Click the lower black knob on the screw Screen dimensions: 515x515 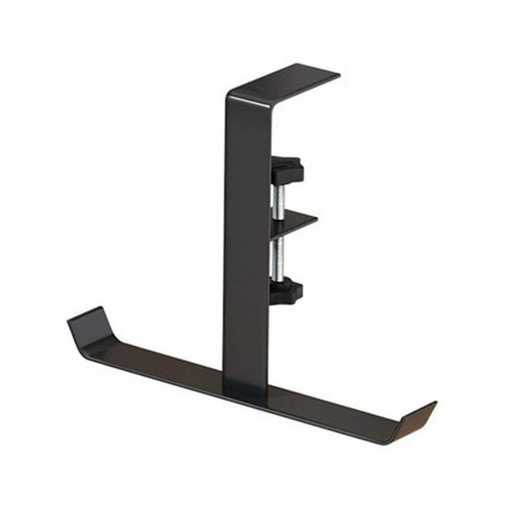coord(286,291)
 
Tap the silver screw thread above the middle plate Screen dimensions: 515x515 coord(280,198)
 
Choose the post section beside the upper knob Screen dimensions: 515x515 coord(246,170)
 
